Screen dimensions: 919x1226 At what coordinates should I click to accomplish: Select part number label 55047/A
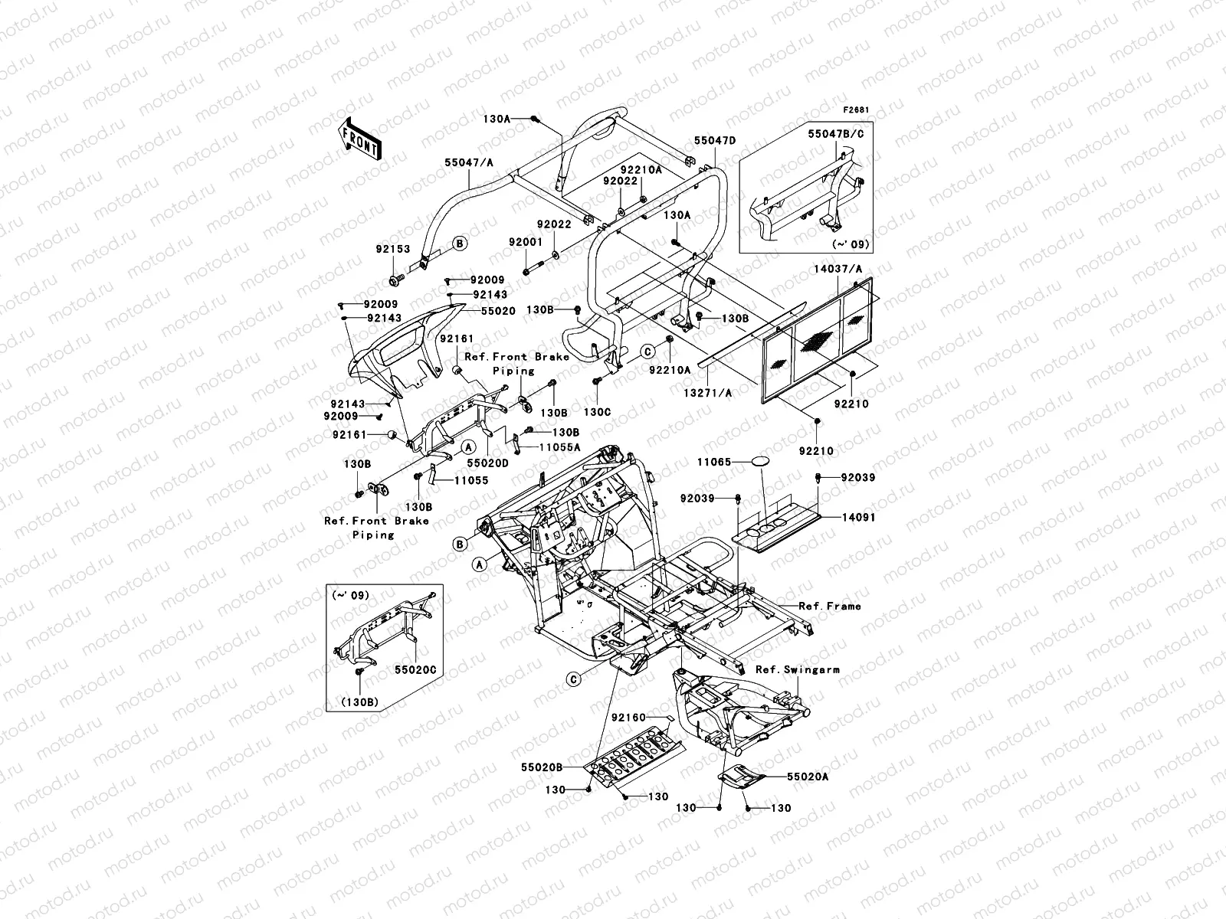470,162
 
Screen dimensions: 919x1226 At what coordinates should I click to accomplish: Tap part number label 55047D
715,140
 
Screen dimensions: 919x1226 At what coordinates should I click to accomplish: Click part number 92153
393,249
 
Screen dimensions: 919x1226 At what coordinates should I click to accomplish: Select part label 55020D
489,463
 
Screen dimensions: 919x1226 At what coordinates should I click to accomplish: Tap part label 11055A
559,447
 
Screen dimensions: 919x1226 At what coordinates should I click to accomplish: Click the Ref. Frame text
829,606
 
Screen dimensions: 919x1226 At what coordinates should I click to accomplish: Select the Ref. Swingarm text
797,669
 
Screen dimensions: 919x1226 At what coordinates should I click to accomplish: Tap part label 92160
631,718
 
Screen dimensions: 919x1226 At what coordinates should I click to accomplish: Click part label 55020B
543,766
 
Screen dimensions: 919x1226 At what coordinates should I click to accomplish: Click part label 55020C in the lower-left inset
415,669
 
